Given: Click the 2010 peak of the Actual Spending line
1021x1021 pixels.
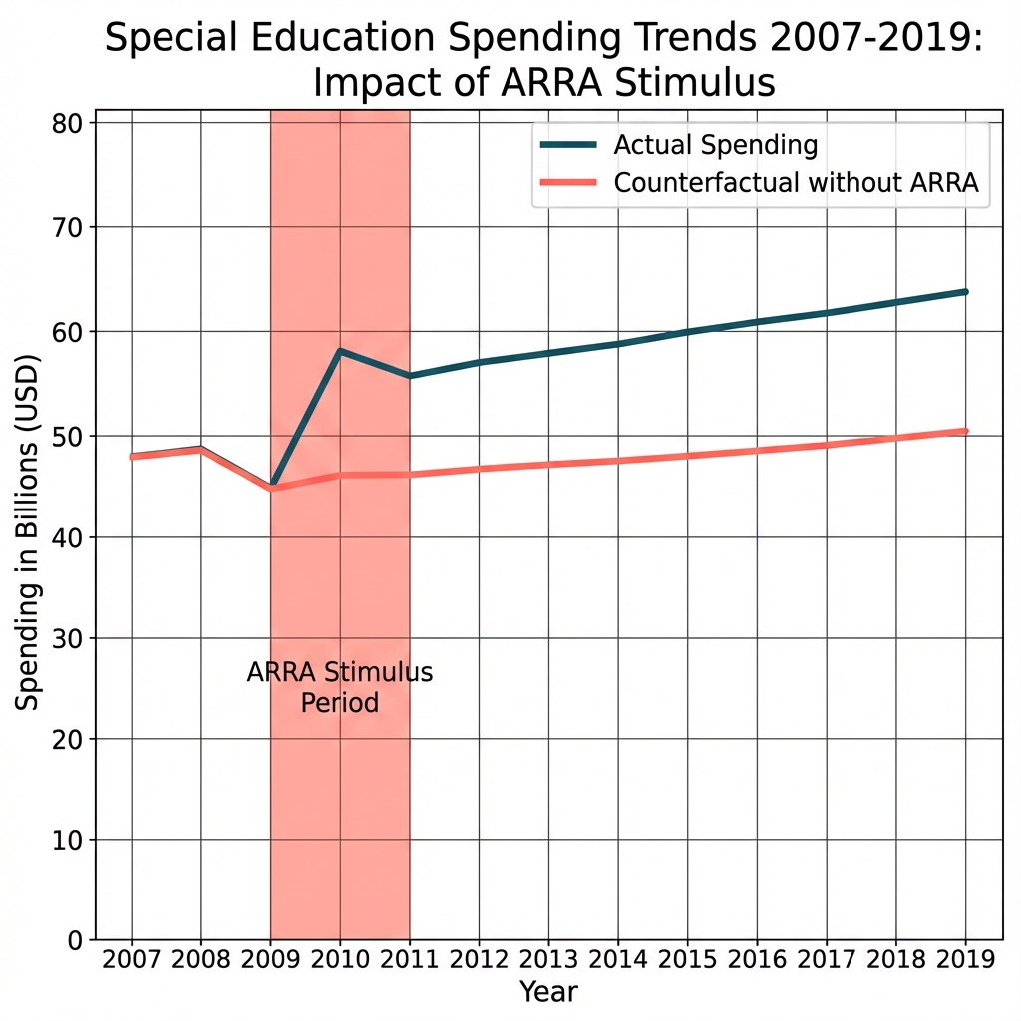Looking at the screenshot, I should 340,351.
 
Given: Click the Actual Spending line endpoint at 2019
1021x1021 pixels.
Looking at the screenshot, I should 965,291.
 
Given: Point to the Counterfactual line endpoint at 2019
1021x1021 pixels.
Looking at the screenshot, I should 965,431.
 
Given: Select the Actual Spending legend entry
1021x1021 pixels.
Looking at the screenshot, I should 715,145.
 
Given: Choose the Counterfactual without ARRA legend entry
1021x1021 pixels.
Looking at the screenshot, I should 796,183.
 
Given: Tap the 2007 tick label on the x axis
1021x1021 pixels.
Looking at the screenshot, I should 132,960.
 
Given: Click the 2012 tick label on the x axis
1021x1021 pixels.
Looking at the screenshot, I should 479,960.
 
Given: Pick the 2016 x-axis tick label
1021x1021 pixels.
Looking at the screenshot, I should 757,960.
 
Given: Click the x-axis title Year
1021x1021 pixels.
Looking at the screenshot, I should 548,992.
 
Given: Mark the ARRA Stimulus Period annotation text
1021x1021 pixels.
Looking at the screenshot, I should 340,687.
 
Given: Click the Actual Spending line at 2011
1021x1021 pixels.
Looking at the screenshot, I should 410,376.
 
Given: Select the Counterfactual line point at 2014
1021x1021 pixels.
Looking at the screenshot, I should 618,460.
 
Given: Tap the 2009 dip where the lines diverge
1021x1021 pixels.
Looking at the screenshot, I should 271,487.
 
